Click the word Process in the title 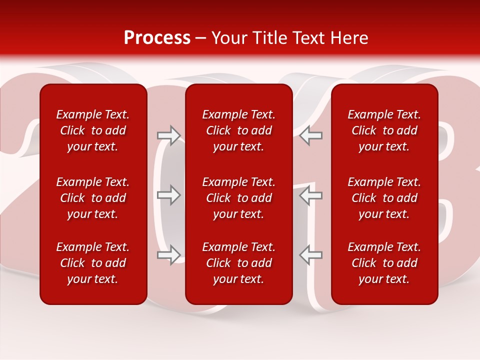click(157, 38)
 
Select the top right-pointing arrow click(169, 135)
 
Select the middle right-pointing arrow click(169, 195)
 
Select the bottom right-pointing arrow click(169, 254)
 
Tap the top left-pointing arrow click(310, 135)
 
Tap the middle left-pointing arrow click(310, 195)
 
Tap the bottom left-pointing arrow click(310, 254)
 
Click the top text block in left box click(93, 130)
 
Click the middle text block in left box click(93, 198)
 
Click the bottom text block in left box click(93, 263)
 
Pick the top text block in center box click(238, 130)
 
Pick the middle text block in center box click(238, 198)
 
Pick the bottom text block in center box click(238, 263)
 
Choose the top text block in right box click(384, 130)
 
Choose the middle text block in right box click(384, 198)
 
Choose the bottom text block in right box click(384, 263)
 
